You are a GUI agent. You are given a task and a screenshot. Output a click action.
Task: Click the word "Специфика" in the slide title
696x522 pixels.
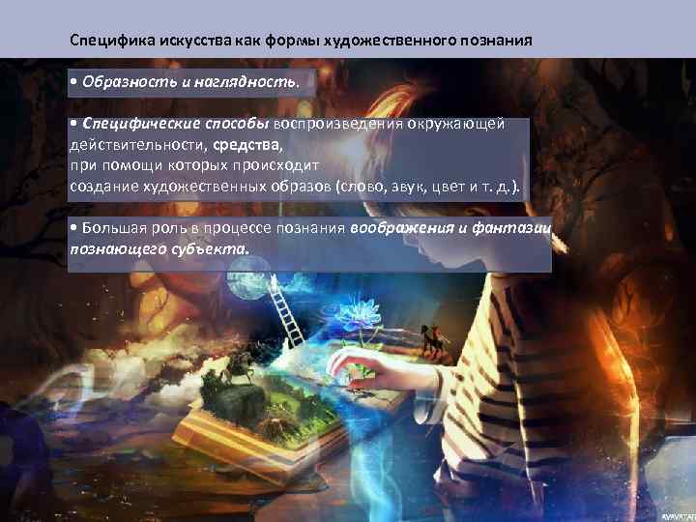coord(104,43)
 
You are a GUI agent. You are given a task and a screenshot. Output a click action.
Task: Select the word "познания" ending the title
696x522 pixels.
coord(496,43)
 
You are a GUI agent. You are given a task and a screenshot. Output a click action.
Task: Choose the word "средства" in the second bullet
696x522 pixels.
coord(247,147)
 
